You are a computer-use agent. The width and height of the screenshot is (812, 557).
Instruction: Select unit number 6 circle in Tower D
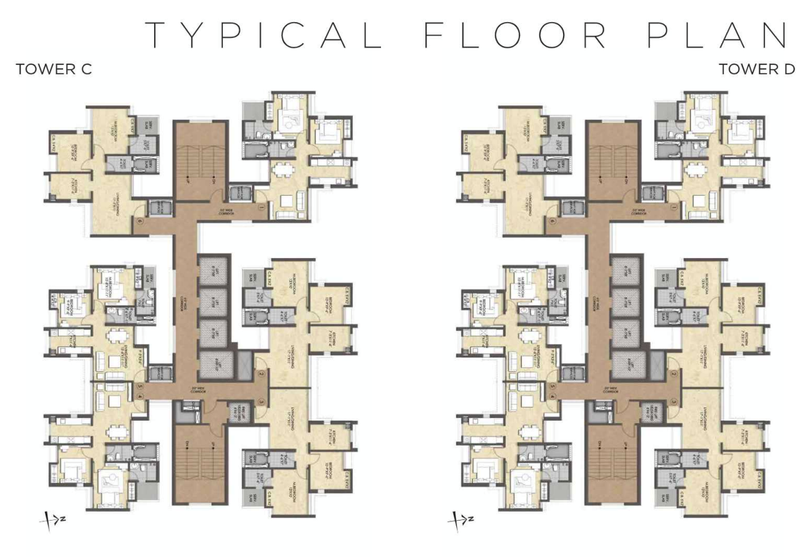click(x=552, y=221)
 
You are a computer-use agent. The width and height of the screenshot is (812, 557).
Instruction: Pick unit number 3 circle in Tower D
click(x=674, y=401)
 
